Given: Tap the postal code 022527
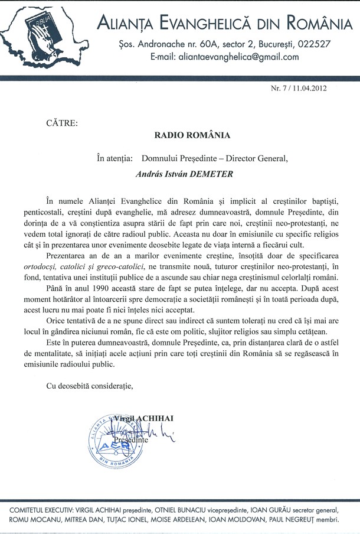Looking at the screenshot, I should click(x=314, y=44).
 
